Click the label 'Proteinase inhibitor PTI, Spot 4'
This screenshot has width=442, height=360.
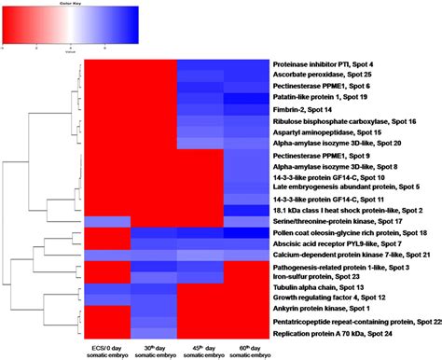tap(330, 62)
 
